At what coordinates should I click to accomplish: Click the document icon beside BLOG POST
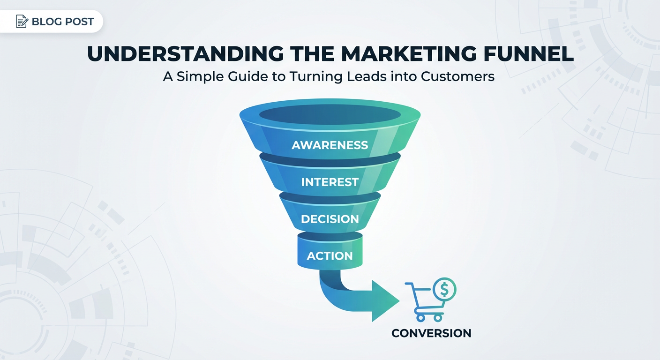click(x=22, y=21)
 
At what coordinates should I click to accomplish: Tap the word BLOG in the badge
click(x=45, y=22)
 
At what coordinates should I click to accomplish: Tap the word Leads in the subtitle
click(x=367, y=76)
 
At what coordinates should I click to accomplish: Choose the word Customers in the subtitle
click(x=457, y=76)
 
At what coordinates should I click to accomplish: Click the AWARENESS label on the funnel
click(x=330, y=145)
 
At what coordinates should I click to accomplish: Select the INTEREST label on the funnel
click(x=330, y=182)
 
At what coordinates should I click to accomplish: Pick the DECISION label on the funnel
click(x=330, y=219)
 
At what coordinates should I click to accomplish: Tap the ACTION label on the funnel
click(x=330, y=256)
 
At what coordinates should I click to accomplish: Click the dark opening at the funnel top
click(x=330, y=114)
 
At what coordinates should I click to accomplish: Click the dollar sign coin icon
click(x=445, y=289)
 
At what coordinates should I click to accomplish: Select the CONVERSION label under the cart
click(x=431, y=333)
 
